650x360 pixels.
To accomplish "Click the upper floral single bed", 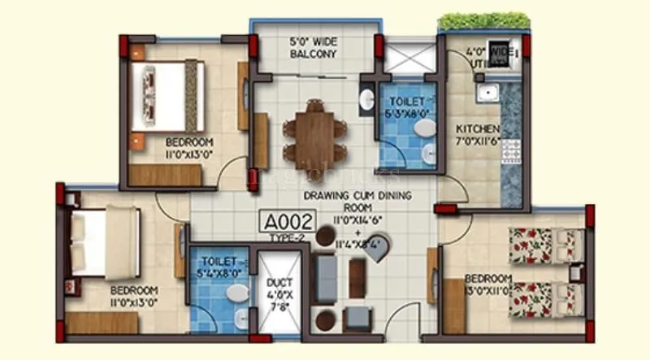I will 546,245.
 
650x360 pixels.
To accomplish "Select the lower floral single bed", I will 546,298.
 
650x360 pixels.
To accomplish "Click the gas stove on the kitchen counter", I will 513,149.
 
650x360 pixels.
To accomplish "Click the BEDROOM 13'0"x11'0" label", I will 488,284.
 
